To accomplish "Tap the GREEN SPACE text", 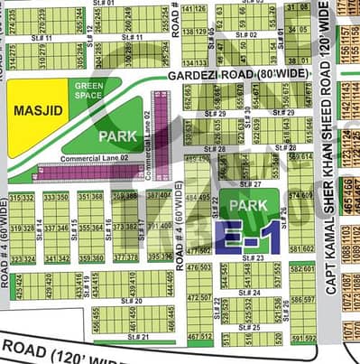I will [x=90, y=91].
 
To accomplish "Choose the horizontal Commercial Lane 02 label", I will [x=90, y=159].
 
